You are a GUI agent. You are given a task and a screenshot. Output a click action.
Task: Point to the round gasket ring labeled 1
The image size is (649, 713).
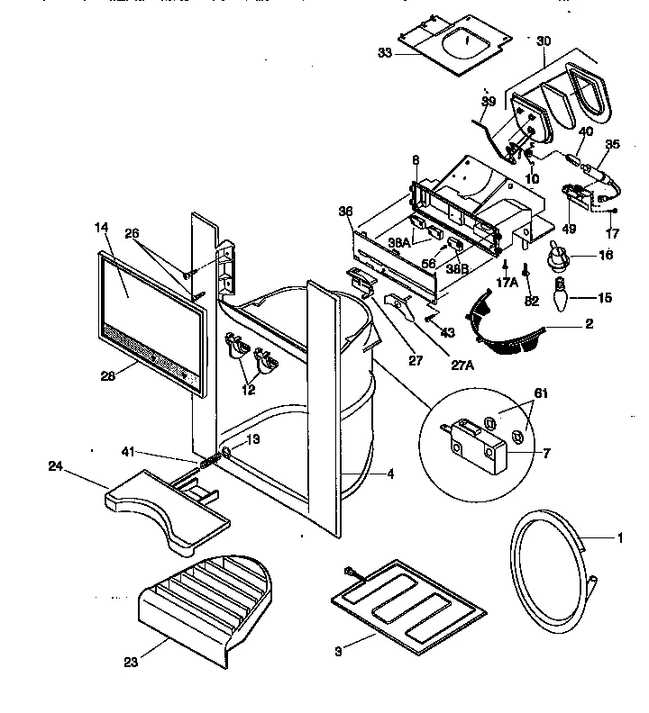548,557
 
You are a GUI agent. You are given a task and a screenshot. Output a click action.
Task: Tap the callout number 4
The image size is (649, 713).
389,474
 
